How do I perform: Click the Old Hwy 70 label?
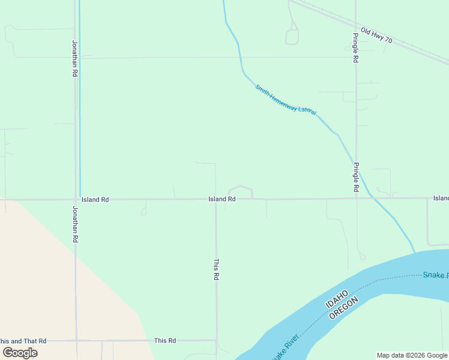point(376,35)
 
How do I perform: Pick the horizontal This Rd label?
point(164,341)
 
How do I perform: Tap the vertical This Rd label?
point(217,269)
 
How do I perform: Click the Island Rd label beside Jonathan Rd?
point(95,199)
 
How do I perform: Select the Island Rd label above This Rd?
point(221,199)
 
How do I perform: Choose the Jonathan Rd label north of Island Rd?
point(75,58)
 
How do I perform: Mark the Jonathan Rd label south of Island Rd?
point(75,224)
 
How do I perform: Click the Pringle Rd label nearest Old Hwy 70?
point(355,49)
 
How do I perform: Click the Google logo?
point(20,352)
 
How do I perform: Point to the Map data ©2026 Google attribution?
point(412,355)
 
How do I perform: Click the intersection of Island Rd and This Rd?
point(217,199)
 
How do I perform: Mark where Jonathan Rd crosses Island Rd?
point(76,199)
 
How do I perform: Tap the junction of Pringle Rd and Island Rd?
point(357,198)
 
